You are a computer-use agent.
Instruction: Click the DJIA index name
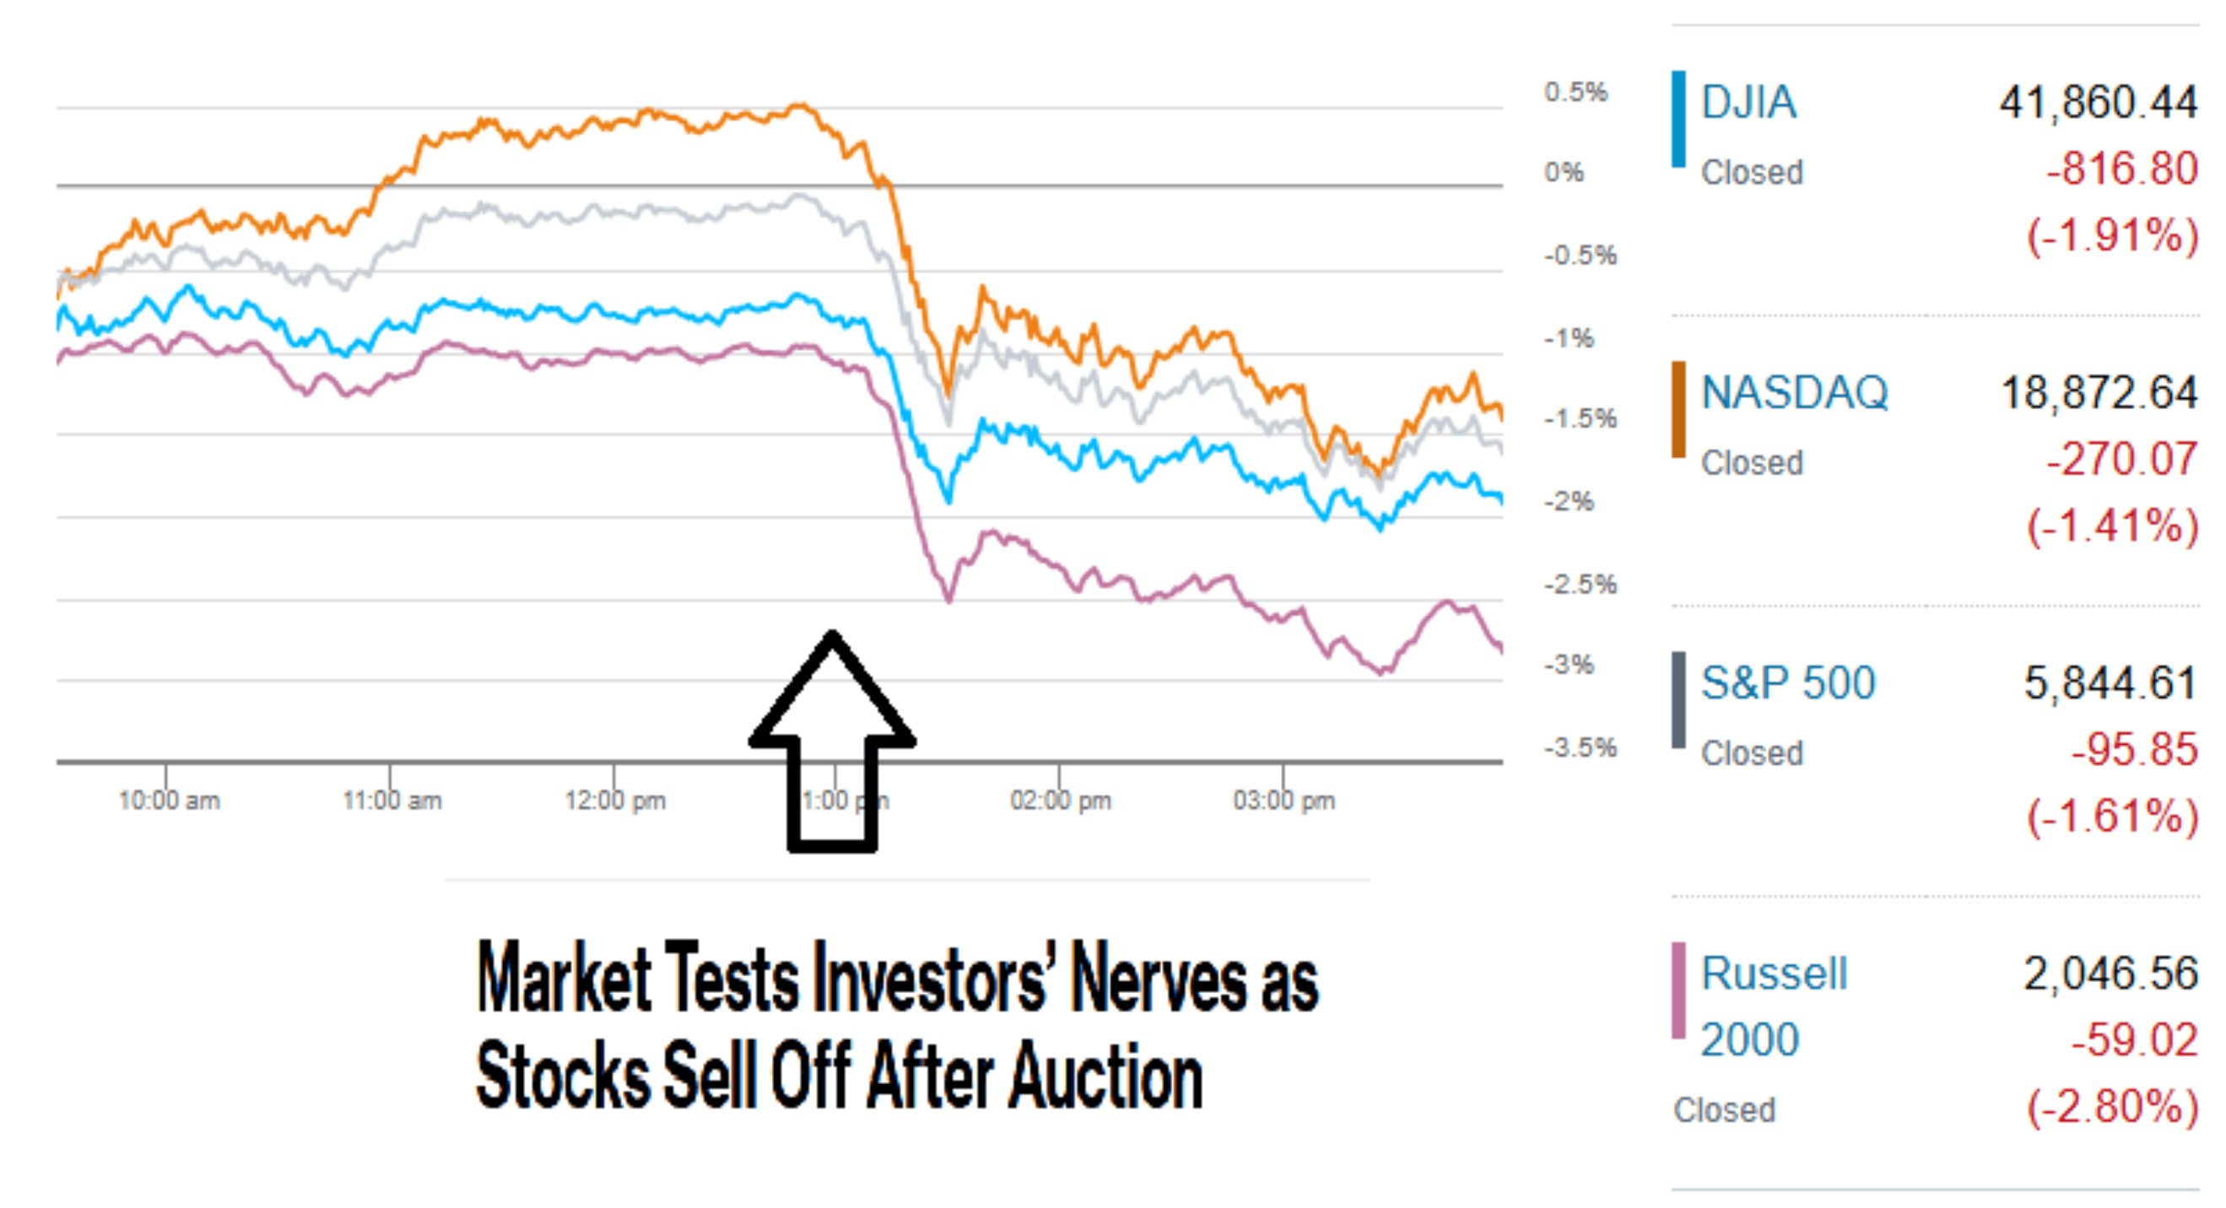coord(1748,103)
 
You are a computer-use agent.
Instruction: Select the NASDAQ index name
coord(1794,393)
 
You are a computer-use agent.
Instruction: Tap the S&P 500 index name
coord(1788,683)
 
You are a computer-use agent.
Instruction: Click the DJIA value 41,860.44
coord(2098,103)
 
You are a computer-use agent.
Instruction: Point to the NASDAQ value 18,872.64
coord(2099,393)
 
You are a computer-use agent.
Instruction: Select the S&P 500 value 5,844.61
coord(2110,683)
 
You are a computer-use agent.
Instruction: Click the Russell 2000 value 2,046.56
coord(2110,973)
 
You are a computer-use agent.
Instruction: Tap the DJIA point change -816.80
coord(2121,169)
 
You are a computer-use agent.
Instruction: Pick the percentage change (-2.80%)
coord(2112,1107)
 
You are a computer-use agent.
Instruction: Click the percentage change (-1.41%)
coord(2112,526)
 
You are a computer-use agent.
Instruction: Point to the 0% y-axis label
coord(1564,173)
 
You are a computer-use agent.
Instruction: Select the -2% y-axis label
coord(1569,502)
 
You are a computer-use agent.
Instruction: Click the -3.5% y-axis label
coord(1580,748)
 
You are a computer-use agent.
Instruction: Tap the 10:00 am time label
coord(170,801)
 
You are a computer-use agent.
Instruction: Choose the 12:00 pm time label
coord(615,801)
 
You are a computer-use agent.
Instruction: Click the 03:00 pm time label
coord(1284,801)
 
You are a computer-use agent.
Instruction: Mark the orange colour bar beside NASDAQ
coord(1678,410)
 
